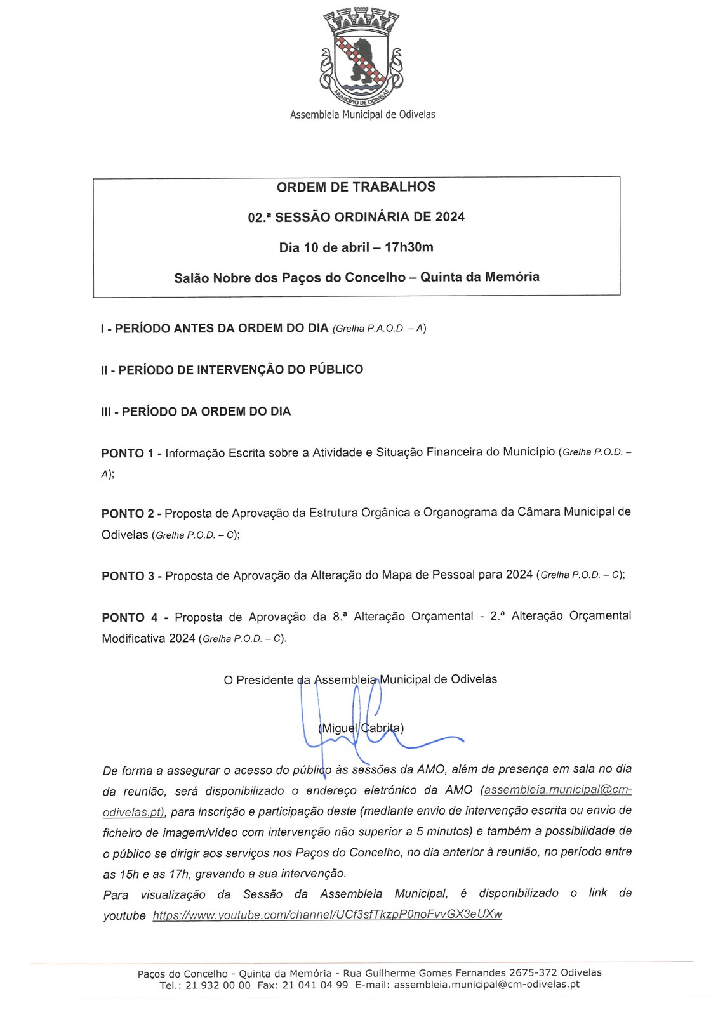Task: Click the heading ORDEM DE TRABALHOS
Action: (x=356, y=187)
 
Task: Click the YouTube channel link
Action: (x=328, y=914)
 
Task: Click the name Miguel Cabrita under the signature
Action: (x=361, y=728)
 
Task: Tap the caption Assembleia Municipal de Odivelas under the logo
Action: (x=362, y=115)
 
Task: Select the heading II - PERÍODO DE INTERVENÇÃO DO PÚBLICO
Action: (x=232, y=369)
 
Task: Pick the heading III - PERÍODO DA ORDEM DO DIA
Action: (x=196, y=411)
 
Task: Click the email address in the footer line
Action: (x=486, y=985)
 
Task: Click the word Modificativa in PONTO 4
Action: (x=133, y=638)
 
